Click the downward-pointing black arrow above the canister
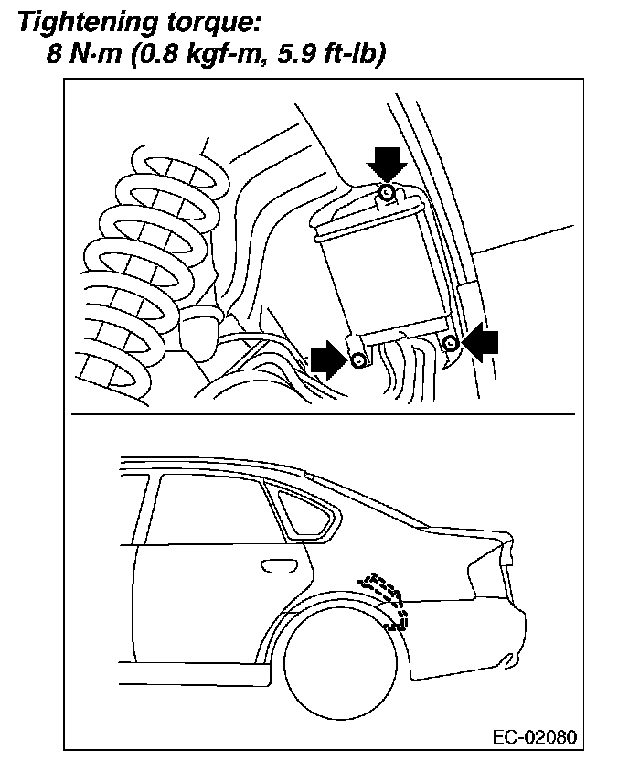(x=387, y=163)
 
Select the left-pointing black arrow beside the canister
(x=482, y=342)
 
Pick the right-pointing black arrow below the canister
(x=326, y=360)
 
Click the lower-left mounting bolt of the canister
(x=358, y=360)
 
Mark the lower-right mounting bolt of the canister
(x=450, y=343)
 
